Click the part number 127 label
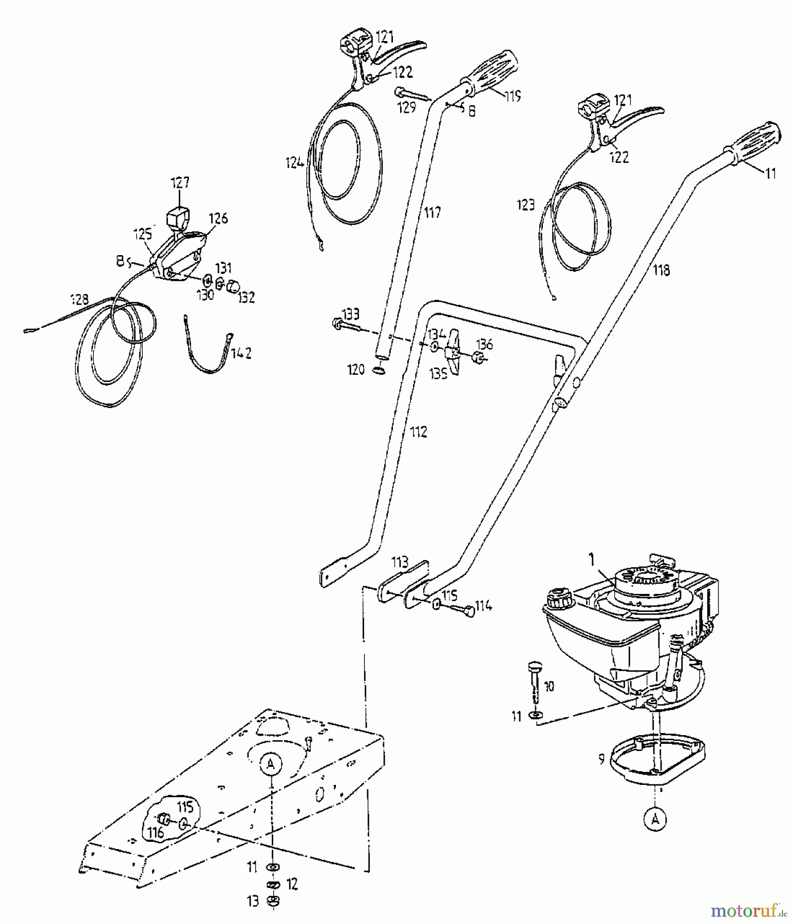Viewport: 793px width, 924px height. [179, 183]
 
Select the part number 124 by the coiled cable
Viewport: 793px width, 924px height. [295, 163]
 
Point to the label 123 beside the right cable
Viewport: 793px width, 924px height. [526, 205]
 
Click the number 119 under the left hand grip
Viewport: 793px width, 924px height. [512, 95]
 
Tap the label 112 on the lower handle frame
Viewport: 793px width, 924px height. [418, 432]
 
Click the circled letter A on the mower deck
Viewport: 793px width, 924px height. [271, 764]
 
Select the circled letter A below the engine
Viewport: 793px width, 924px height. [655, 820]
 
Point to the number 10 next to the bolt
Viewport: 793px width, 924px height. [549, 686]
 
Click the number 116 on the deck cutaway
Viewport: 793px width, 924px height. [156, 832]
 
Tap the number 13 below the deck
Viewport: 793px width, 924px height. [253, 901]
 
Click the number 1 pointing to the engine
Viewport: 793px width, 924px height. [591, 560]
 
